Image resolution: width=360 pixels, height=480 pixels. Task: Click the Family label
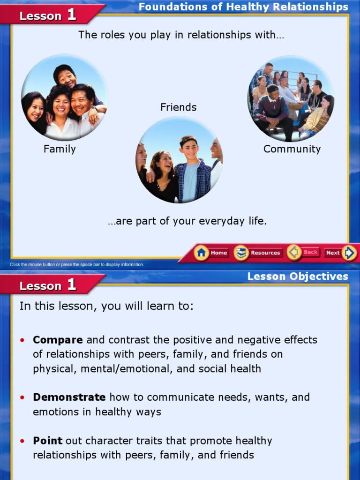60,149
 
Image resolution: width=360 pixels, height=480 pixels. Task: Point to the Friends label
178,107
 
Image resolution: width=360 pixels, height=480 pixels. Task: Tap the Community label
292,149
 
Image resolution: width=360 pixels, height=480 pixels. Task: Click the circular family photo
64,97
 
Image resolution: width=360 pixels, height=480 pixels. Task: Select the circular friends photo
179,160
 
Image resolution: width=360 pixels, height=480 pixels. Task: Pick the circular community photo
291,98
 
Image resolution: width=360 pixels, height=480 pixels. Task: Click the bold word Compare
58,340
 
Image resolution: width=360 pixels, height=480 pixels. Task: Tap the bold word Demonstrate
69,397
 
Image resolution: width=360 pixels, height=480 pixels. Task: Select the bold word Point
47,441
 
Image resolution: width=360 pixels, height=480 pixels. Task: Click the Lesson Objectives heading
298,277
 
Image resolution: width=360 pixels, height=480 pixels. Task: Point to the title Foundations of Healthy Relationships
243,7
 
